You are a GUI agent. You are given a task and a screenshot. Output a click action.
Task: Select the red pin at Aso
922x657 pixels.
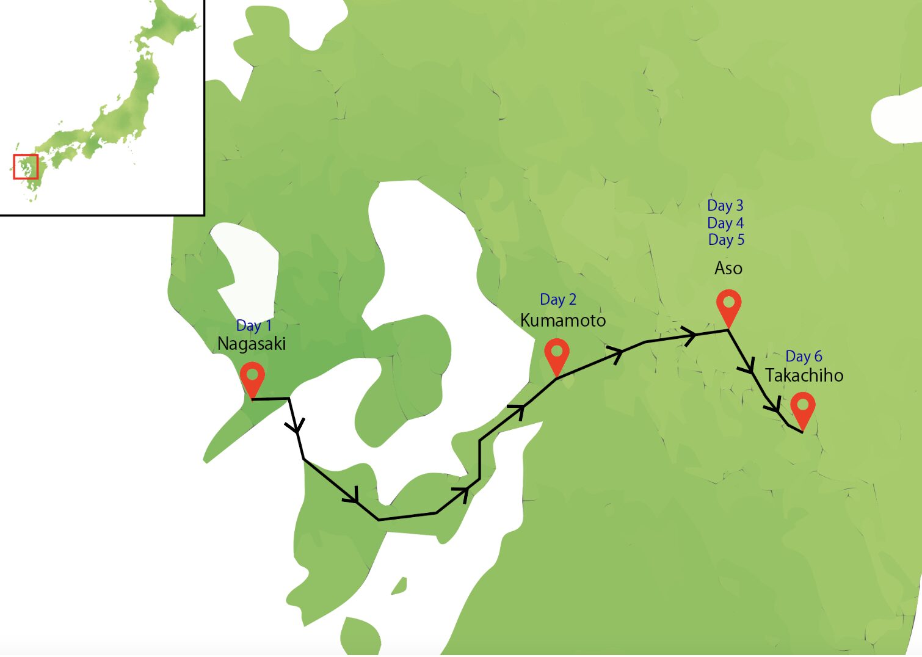(x=728, y=305)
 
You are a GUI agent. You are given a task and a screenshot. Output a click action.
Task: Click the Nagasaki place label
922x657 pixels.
(x=252, y=344)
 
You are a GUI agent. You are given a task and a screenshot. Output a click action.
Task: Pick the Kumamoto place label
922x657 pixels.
(x=563, y=321)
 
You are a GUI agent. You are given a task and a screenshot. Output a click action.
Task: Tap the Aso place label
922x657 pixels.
(x=728, y=268)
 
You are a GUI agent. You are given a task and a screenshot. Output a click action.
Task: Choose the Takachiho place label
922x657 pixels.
(x=804, y=375)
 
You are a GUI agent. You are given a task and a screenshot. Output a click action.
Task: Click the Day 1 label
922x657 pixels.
(x=253, y=325)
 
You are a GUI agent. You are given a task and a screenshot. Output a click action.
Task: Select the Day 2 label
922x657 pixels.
(x=557, y=299)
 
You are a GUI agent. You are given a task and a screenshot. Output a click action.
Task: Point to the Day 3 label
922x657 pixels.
(x=725, y=206)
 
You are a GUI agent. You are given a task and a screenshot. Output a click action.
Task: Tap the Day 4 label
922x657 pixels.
(x=725, y=223)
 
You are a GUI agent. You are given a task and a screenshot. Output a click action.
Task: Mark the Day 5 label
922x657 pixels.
(x=726, y=239)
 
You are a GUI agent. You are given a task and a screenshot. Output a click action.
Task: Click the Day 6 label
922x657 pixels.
(x=804, y=356)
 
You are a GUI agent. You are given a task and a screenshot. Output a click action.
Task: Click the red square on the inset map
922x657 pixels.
(x=26, y=166)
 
